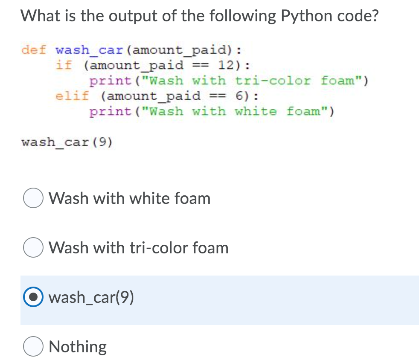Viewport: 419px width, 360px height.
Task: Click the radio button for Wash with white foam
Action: pos(33,199)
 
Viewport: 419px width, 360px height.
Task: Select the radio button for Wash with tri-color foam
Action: pos(33,248)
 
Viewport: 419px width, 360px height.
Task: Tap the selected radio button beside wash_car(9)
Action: pos(33,298)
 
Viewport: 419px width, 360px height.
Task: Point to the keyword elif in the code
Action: pos(72,96)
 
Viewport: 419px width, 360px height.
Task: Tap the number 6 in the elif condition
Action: pos(240,96)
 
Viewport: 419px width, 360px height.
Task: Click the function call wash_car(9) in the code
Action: pos(67,142)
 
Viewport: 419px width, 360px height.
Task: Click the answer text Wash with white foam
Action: pos(130,199)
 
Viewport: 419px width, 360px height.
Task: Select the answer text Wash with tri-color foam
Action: pos(139,248)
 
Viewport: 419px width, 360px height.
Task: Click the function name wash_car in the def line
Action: pos(90,49)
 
